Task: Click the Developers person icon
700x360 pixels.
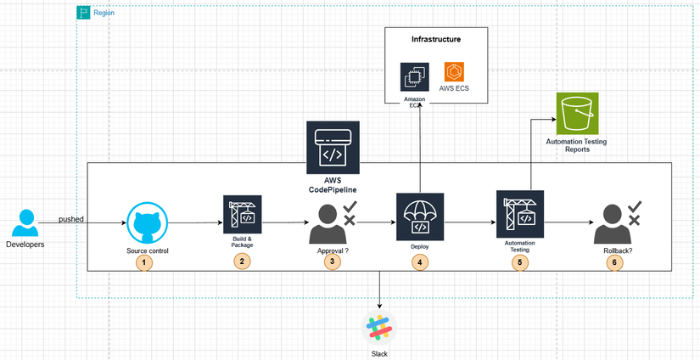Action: click(25, 223)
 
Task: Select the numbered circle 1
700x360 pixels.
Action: click(145, 262)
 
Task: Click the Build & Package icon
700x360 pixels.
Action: click(242, 214)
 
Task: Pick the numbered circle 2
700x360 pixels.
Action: click(242, 262)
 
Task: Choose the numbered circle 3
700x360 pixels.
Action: click(332, 262)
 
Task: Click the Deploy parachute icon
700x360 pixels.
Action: click(420, 215)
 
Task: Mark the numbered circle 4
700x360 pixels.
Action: click(419, 262)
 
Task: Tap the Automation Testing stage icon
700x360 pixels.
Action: click(519, 214)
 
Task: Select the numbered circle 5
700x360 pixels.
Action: click(519, 262)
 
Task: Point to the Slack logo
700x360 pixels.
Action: click(379, 329)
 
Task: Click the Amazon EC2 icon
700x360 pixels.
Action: click(415, 77)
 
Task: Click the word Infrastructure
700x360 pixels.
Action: click(436, 40)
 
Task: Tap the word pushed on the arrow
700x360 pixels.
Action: click(71, 219)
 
